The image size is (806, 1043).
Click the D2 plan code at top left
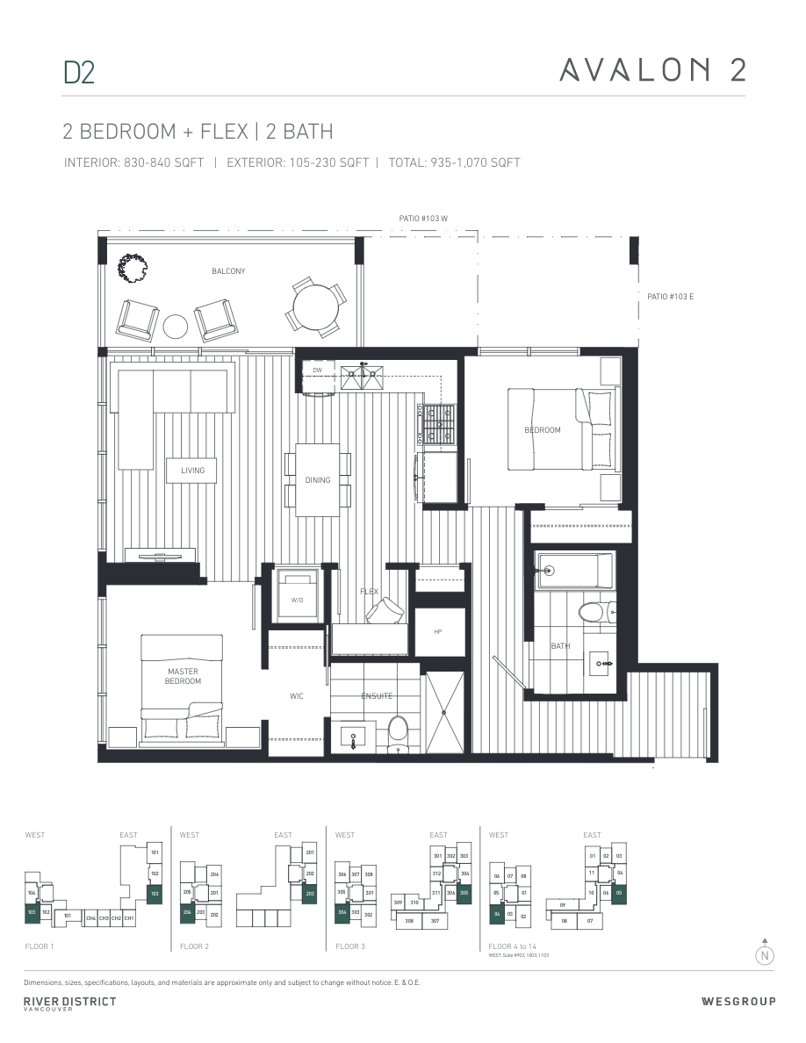[78, 72]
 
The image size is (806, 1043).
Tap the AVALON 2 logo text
[652, 69]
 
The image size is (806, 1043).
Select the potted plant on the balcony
[134, 268]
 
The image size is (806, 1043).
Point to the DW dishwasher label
[317, 370]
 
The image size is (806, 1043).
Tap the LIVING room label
[192, 471]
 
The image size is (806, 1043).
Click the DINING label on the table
[318, 480]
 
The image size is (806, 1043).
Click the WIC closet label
[297, 696]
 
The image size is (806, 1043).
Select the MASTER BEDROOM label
[183, 676]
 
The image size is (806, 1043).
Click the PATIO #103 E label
[666, 297]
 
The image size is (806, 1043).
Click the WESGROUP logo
[738, 1002]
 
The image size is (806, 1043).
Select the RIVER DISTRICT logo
[69, 1003]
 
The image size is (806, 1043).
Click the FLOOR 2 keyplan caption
[194, 946]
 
